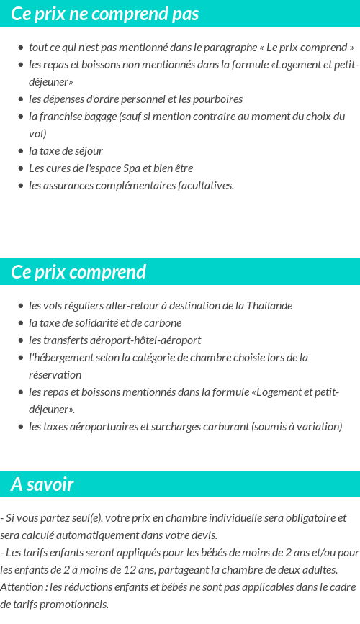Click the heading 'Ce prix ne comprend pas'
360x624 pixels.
tap(105, 14)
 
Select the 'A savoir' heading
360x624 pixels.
tap(42, 484)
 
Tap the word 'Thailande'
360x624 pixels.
tap(269, 306)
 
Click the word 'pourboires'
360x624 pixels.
tap(217, 99)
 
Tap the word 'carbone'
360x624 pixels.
tap(163, 323)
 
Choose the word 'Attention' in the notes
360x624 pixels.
tap(22, 587)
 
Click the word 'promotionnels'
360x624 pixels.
tap(74, 605)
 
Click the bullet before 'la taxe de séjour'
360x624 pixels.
tap(21, 151)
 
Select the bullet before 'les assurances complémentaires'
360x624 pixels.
tap(21, 186)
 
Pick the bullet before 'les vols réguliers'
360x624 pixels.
tap(21, 306)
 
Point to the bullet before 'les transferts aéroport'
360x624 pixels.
tap(21, 340)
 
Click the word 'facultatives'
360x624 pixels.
tap(202, 186)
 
